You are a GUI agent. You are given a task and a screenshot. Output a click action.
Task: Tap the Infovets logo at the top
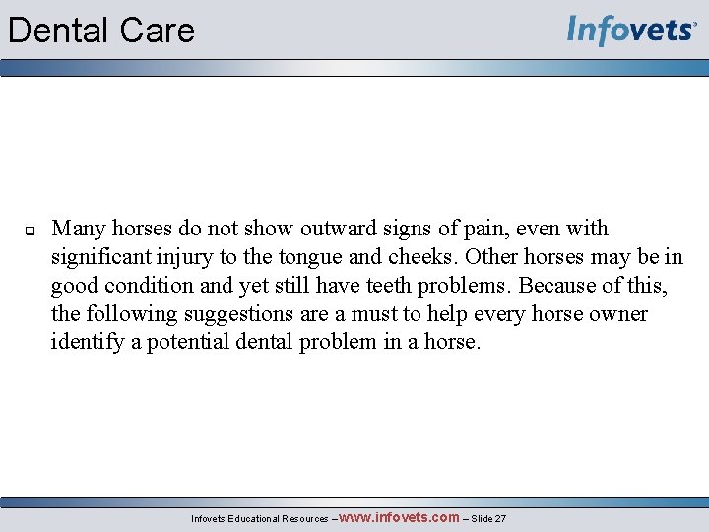631,31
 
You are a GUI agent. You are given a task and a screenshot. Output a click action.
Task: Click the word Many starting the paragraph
79,229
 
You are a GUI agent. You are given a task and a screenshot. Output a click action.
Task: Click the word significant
104,257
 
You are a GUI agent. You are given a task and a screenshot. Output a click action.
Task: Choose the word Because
557,286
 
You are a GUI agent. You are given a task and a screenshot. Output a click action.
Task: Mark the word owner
618,314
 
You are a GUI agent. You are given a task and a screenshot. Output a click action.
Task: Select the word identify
86,343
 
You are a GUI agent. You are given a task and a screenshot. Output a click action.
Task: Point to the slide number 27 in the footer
500,519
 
